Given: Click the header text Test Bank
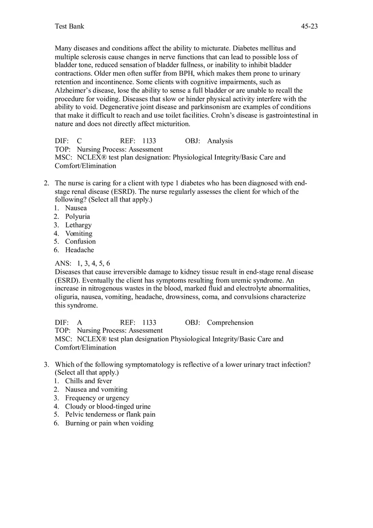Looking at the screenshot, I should click(x=70, y=26).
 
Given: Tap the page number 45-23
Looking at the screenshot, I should click(x=309, y=26).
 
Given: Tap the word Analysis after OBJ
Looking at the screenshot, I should click(x=220, y=141).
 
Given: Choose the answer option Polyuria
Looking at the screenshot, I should click(x=77, y=216).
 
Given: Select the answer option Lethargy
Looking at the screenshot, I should click(x=78, y=225).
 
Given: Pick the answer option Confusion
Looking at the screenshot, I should click(x=80, y=241).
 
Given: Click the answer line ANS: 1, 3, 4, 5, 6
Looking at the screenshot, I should click(x=82, y=263).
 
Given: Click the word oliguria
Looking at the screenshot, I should click(x=67, y=297).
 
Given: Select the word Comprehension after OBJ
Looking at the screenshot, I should click(x=230, y=323).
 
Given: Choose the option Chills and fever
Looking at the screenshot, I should click(x=88, y=381).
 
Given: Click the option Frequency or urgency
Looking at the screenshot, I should click(x=97, y=398).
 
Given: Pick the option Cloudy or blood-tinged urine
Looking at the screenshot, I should click(x=108, y=406).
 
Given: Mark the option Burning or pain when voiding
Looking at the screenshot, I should click(x=109, y=423).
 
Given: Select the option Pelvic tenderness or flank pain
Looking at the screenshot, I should click(x=110, y=415).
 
